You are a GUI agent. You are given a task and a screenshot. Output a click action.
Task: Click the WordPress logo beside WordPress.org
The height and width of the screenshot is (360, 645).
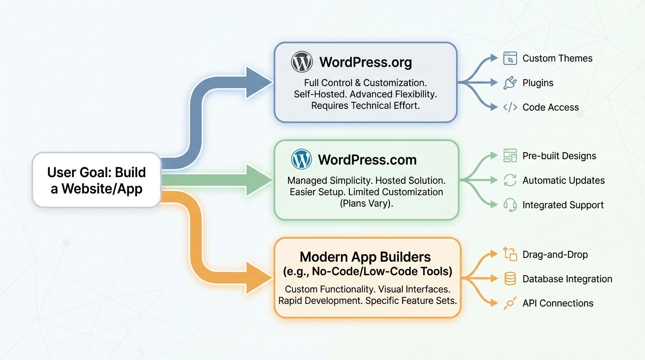coord(302,62)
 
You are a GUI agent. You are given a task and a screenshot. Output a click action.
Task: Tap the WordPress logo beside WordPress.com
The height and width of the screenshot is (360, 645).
coord(301,159)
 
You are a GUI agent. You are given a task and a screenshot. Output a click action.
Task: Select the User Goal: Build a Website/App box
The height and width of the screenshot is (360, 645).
coord(97,180)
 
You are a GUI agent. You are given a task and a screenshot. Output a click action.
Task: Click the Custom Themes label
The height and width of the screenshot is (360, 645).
coord(557,58)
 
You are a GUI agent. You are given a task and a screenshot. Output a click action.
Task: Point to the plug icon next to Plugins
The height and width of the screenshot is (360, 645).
coord(510,83)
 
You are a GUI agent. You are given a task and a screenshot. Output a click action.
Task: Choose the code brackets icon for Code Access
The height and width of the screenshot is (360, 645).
coord(510,107)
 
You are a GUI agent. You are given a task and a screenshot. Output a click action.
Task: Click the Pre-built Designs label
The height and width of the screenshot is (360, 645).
coord(559,156)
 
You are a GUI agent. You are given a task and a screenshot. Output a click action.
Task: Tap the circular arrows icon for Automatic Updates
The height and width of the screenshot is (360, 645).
coord(510,180)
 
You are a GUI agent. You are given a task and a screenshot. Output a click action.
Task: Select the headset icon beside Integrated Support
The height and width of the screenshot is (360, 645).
coord(510,205)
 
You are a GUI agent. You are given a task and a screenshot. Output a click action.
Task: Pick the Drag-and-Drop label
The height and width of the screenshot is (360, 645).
coord(555,255)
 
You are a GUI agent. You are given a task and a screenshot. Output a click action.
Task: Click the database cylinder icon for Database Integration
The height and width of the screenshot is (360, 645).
coord(510,279)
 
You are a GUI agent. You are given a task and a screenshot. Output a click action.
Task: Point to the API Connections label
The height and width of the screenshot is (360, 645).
coord(558,303)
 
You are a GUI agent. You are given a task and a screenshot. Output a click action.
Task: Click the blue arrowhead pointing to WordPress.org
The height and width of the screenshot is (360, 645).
coord(259,82)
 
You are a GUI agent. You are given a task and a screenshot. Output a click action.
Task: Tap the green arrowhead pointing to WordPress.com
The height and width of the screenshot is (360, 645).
coord(259,180)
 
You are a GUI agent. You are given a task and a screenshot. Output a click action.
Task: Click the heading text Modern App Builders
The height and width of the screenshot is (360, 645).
coord(365,257)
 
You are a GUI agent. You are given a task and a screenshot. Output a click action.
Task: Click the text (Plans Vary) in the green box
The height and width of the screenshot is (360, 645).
coord(365,203)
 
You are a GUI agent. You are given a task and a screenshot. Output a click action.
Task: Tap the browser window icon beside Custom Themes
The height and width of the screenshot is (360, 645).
coord(510,58)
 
